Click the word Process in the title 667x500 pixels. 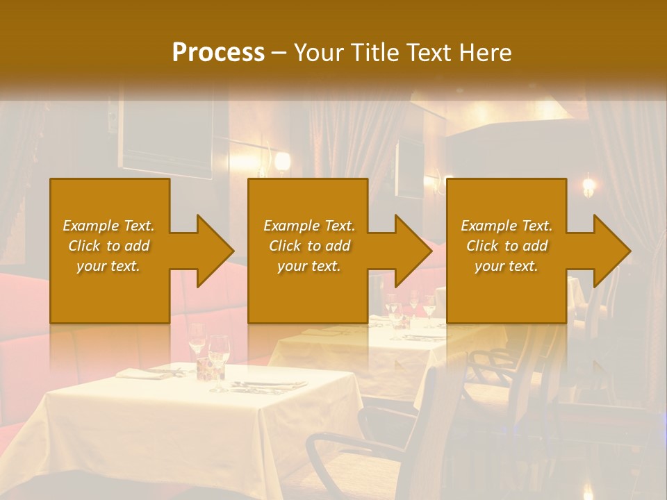(x=218, y=53)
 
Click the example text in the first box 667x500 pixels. (x=108, y=246)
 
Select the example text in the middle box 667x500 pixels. (x=308, y=246)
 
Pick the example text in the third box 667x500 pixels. (x=507, y=246)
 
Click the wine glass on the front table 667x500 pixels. (x=218, y=360)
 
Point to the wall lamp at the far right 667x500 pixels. (x=588, y=185)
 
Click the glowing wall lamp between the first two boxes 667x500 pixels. (x=281, y=162)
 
